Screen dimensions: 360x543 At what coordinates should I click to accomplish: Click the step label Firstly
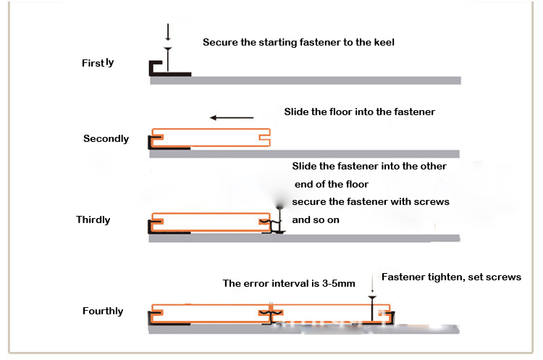click(x=97, y=63)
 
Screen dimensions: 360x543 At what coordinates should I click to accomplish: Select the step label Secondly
click(x=106, y=138)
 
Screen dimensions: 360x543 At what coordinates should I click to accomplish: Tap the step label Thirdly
click(x=93, y=219)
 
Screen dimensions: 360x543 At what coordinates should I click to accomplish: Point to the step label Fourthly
click(x=103, y=311)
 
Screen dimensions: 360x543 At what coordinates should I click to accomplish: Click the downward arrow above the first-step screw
click(x=168, y=32)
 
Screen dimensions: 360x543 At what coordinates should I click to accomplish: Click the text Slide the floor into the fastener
click(x=359, y=112)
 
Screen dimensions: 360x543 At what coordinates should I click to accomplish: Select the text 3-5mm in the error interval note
click(x=337, y=283)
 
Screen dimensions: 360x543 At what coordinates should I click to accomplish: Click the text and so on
click(x=315, y=219)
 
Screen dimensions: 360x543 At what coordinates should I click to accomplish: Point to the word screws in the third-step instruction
click(x=432, y=201)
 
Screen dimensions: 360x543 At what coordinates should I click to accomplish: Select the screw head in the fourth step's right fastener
click(x=371, y=297)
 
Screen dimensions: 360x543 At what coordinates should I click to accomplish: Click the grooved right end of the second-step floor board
click(x=266, y=135)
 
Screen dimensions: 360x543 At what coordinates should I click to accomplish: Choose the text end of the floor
click(x=332, y=184)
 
